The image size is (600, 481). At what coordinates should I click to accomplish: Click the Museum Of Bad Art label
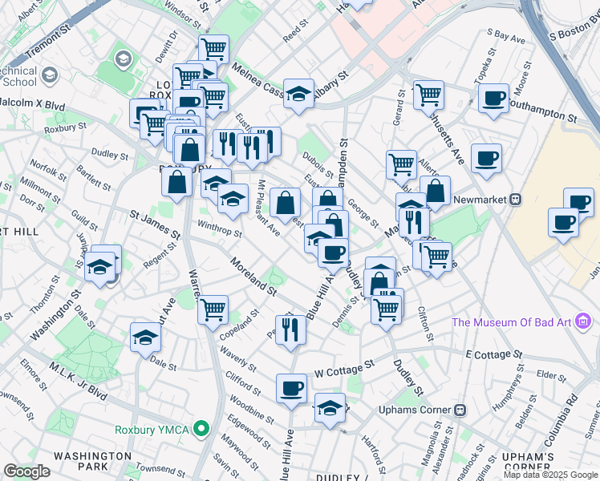[x=511, y=322]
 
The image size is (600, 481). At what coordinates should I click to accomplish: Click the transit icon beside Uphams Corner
[x=460, y=410]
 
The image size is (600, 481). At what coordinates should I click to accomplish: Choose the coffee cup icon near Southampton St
[x=493, y=99]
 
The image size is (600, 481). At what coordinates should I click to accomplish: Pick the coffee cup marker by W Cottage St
[x=291, y=389]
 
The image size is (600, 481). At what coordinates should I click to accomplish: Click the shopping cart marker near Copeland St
[x=213, y=309]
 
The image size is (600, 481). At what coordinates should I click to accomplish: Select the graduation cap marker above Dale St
[x=146, y=336]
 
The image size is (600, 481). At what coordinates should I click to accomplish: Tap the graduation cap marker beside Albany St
[x=298, y=95]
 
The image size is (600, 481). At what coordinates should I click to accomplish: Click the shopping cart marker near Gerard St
[x=428, y=95]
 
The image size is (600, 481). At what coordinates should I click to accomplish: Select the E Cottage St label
[x=493, y=354]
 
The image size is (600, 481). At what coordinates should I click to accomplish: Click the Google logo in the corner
[x=26, y=471]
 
